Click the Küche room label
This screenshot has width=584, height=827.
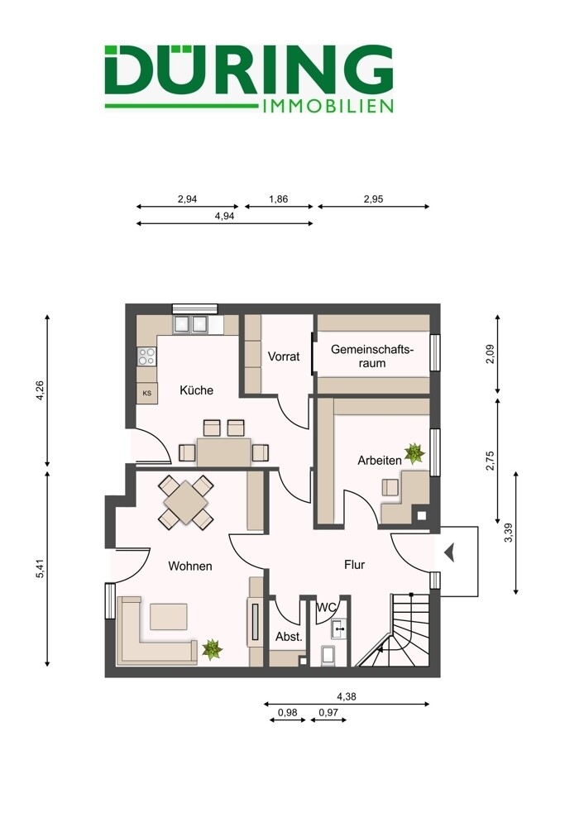tap(196, 390)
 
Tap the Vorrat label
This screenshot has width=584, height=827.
tap(283, 356)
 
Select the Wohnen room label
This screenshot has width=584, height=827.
tap(190, 566)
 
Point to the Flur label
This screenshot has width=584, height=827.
tap(355, 564)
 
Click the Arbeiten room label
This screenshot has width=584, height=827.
tap(380, 461)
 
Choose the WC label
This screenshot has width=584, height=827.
tap(326, 607)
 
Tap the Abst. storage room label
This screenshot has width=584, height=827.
tap(289, 637)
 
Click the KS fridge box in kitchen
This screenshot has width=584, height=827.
tap(147, 393)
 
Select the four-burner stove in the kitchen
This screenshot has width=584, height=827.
tap(146, 356)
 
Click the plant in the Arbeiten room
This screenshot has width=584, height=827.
tap(414, 453)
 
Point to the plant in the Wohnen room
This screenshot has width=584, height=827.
tap(212, 649)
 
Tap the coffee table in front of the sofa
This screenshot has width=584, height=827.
tap(168, 617)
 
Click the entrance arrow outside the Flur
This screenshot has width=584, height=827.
tap(449, 554)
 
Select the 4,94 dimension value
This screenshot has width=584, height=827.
tap(225, 216)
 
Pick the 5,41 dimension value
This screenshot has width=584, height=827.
tap(40, 568)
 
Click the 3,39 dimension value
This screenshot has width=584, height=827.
tap(508, 532)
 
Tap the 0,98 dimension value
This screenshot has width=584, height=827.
tap(288, 713)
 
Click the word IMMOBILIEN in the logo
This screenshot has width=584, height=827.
tap(328, 106)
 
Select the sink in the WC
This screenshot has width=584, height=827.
tap(338, 629)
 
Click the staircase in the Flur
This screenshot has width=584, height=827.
tap(395, 630)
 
